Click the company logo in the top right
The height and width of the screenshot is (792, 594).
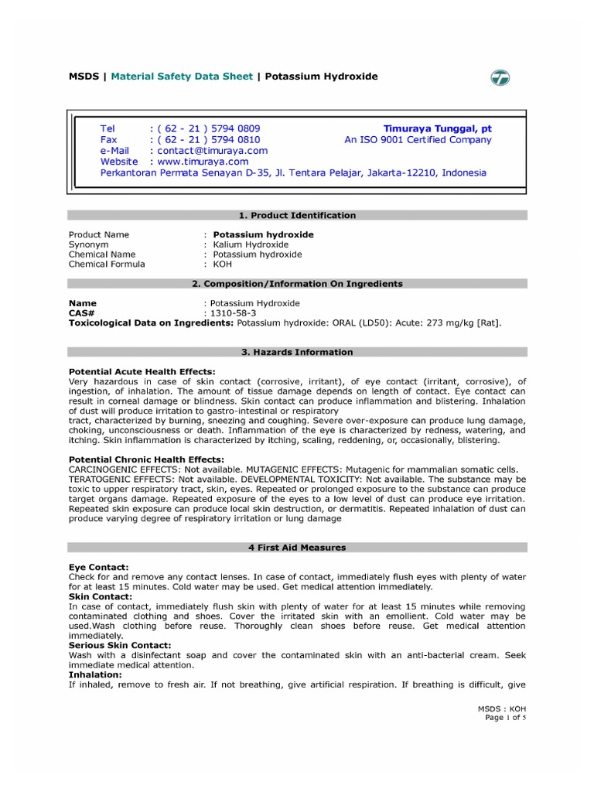coord(500,78)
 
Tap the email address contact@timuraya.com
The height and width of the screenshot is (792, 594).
coord(212,151)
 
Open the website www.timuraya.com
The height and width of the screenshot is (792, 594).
coord(203,162)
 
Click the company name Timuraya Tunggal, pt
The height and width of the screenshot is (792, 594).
coord(437,128)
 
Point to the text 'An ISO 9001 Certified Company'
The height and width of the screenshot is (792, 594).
coord(418,140)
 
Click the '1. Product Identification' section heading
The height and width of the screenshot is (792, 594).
coord(297,215)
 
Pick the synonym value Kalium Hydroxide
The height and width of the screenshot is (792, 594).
coord(240,244)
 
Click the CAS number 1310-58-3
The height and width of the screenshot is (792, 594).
coord(230,313)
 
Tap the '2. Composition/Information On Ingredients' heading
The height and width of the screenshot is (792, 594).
coord(297,284)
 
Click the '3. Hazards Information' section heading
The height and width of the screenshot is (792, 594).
coord(297,352)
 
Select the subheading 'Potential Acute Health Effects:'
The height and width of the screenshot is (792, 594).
coord(142,372)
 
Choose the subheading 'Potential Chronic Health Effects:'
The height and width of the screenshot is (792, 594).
coord(146,459)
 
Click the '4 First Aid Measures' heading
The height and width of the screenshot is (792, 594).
coord(297,548)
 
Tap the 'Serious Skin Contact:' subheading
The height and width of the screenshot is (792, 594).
coord(120,645)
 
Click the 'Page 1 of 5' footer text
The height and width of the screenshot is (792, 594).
coord(506,718)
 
